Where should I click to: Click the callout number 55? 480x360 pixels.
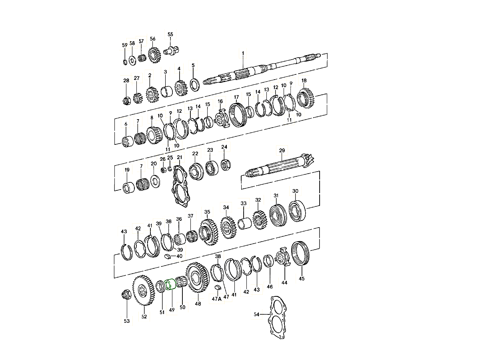(170, 34)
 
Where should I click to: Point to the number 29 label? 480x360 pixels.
(282, 150)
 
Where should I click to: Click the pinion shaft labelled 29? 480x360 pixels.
(280, 165)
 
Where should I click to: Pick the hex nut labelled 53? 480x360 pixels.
(127, 294)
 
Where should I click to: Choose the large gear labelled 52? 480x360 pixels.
(144, 290)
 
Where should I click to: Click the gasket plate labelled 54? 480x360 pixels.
(277, 317)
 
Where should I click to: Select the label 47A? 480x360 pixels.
(216, 299)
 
